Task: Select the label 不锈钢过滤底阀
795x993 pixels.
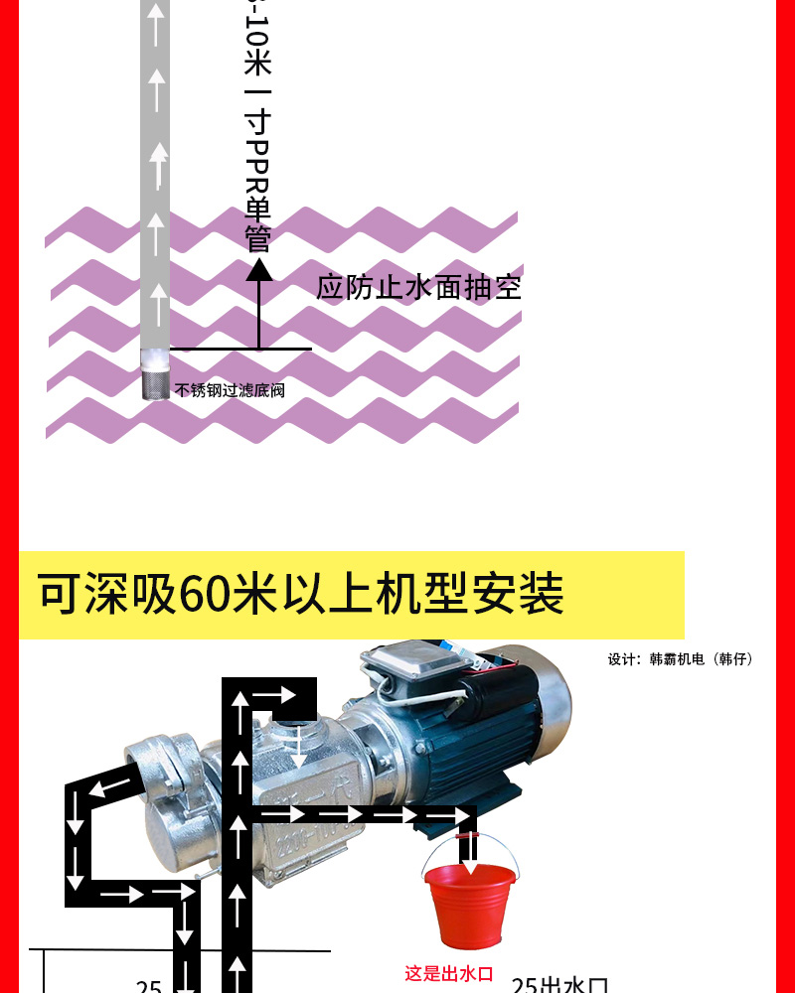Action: tap(230, 390)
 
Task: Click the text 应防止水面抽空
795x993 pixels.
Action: tap(418, 288)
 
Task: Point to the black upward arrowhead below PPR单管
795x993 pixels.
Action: tap(259, 269)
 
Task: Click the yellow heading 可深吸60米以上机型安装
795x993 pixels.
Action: tap(301, 595)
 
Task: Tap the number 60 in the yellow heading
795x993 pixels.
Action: tap(205, 595)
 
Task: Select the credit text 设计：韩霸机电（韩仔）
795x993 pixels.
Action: tap(681, 658)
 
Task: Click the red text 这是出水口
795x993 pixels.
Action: tap(448, 974)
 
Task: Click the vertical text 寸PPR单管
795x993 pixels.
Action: tap(258, 179)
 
